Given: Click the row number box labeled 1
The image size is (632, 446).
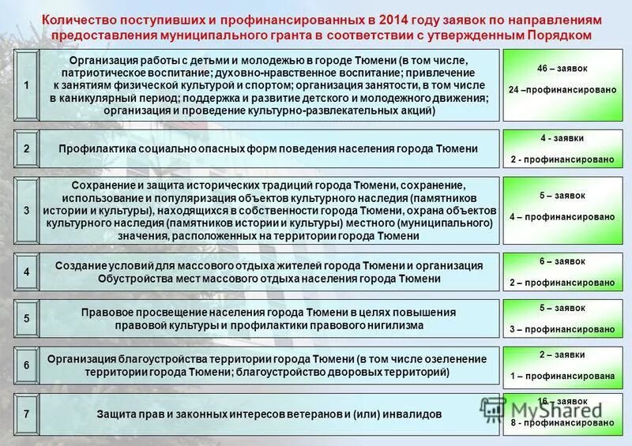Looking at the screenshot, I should pyautogui.click(x=26, y=84).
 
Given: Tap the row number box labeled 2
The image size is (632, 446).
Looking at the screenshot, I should pyautogui.click(x=26, y=148).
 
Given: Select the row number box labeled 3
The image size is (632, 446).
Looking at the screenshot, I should pyautogui.click(x=26, y=212).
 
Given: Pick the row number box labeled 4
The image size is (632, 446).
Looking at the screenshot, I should pyautogui.click(x=26, y=272).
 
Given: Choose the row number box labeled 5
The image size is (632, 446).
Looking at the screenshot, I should pyautogui.click(x=26, y=319).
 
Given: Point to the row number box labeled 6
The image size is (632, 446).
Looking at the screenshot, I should pyautogui.click(x=26, y=365).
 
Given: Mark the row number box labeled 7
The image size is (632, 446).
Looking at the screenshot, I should pyautogui.click(x=26, y=414).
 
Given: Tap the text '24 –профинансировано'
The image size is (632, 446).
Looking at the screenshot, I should pyautogui.click(x=562, y=90).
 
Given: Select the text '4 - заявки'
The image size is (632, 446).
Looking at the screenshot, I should pyautogui.click(x=562, y=138).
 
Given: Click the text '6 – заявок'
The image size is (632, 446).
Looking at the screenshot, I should pyautogui.click(x=562, y=261).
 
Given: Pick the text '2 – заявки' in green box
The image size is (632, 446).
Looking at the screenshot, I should pyautogui.click(x=562, y=355).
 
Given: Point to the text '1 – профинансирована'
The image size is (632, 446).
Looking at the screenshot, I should pyautogui.click(x=562, y=376).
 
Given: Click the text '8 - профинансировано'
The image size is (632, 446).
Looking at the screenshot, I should pyautogui.click(x=562, y=423).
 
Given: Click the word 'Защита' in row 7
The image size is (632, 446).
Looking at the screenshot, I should pyautogui.click(x=115, y=414).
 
